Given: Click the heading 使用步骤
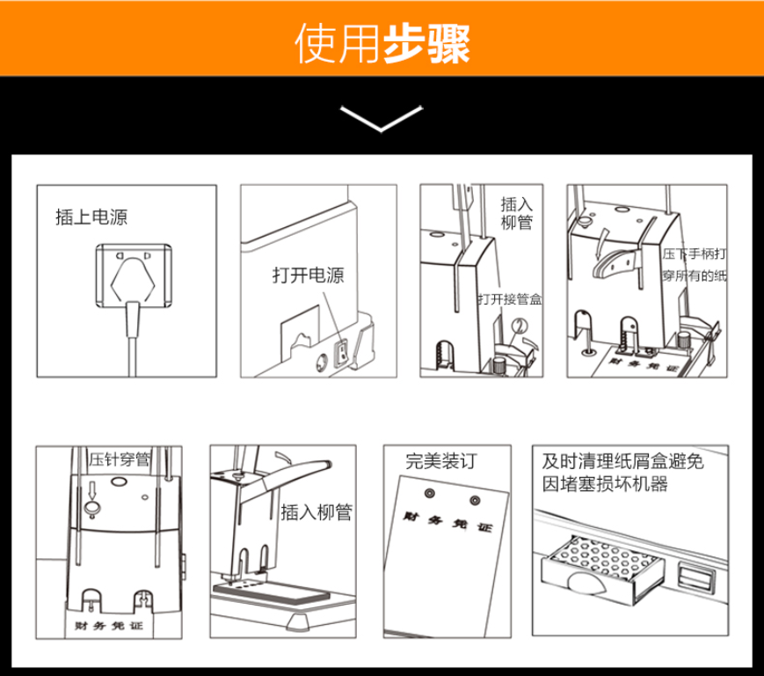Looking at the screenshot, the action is [382, 44].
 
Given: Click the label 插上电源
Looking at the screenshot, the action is [91, 217].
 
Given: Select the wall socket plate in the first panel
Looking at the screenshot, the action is [134, 276].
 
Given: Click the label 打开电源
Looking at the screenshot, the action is [308, 276].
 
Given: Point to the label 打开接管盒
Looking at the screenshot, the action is [510, 299].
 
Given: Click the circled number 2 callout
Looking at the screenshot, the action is [520, 326].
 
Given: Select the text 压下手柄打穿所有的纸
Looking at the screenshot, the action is [694, 265].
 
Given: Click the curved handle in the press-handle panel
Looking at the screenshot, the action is [615, 263].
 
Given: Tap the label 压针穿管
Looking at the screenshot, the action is [120, 459].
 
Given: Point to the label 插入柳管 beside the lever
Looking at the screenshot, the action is [317, 512].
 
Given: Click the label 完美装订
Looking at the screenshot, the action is [441, 461].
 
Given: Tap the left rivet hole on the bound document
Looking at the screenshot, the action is [429, 493].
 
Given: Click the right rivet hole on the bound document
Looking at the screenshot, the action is [475, 501].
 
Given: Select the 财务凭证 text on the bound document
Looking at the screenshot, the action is [447, 522].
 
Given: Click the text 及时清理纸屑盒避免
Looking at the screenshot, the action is [622, 461].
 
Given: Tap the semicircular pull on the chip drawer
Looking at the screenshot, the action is [586, 584].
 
